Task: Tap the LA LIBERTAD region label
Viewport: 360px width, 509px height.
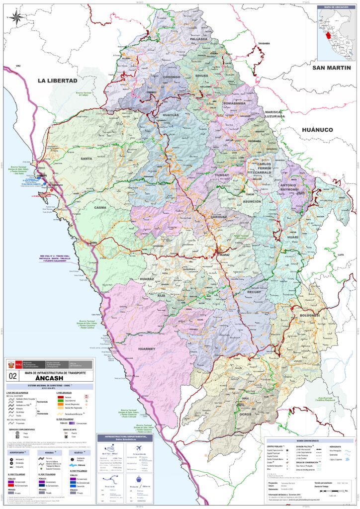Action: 58,81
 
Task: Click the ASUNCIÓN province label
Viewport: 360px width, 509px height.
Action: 251,201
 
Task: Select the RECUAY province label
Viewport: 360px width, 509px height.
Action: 254,293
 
